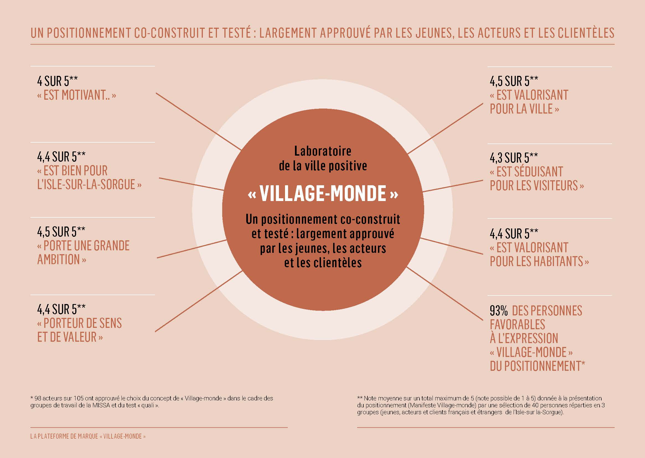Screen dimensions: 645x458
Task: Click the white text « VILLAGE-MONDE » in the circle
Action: pos(323,194)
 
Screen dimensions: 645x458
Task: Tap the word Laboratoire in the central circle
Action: pos(323,151)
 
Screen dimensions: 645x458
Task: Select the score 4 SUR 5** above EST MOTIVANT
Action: pos(58,81)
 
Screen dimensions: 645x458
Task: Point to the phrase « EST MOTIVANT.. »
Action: pos(76,95)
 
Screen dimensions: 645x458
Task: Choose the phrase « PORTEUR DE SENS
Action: pos(79,323)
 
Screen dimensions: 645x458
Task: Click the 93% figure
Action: pos(499,311)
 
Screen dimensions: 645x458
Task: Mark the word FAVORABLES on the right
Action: pos(518,325)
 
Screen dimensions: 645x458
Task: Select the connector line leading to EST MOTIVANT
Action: pos(199,121)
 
